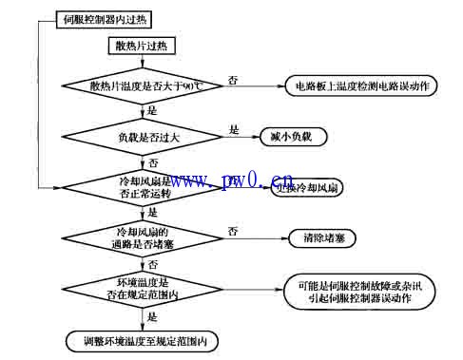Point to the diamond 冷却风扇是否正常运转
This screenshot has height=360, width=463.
tap(142, 185)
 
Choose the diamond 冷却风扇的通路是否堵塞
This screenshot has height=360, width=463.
tap(142, 236)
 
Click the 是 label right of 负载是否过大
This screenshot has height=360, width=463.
tap(234, 127)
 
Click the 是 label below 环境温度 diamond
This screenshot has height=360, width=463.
tap(152, 319)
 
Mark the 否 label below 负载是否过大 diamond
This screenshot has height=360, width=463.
tap(152, 162)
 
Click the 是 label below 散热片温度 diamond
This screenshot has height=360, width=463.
tap(152, 110)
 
